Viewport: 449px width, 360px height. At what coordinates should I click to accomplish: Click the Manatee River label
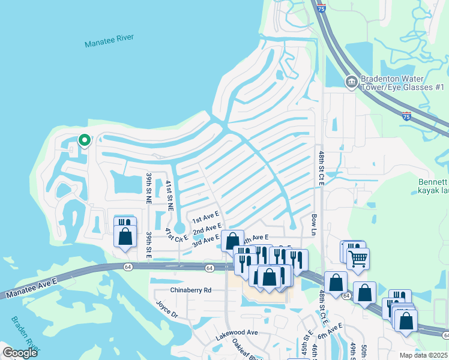tap(109, 41)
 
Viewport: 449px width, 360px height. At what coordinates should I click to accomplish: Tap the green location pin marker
tap(85, 140)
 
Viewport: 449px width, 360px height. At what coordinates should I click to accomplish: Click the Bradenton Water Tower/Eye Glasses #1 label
tap(402, 83)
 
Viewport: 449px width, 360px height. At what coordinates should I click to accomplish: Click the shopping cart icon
tap(358, 259)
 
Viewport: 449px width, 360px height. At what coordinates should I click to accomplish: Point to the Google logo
tap(20, 353)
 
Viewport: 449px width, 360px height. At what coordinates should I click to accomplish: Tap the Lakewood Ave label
tap(237, 332)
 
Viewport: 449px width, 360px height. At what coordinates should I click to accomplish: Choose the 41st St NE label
tap(169, 196)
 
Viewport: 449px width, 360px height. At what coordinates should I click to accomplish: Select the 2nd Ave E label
tap(207, 229)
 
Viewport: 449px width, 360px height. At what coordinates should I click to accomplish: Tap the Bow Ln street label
tap(313, 224)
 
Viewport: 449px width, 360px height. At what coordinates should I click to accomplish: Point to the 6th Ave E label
tap(331, 331)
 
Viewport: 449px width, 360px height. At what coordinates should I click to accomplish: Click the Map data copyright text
tap(424, 355)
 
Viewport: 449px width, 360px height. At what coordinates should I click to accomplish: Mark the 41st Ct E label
tap(177, 234)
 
